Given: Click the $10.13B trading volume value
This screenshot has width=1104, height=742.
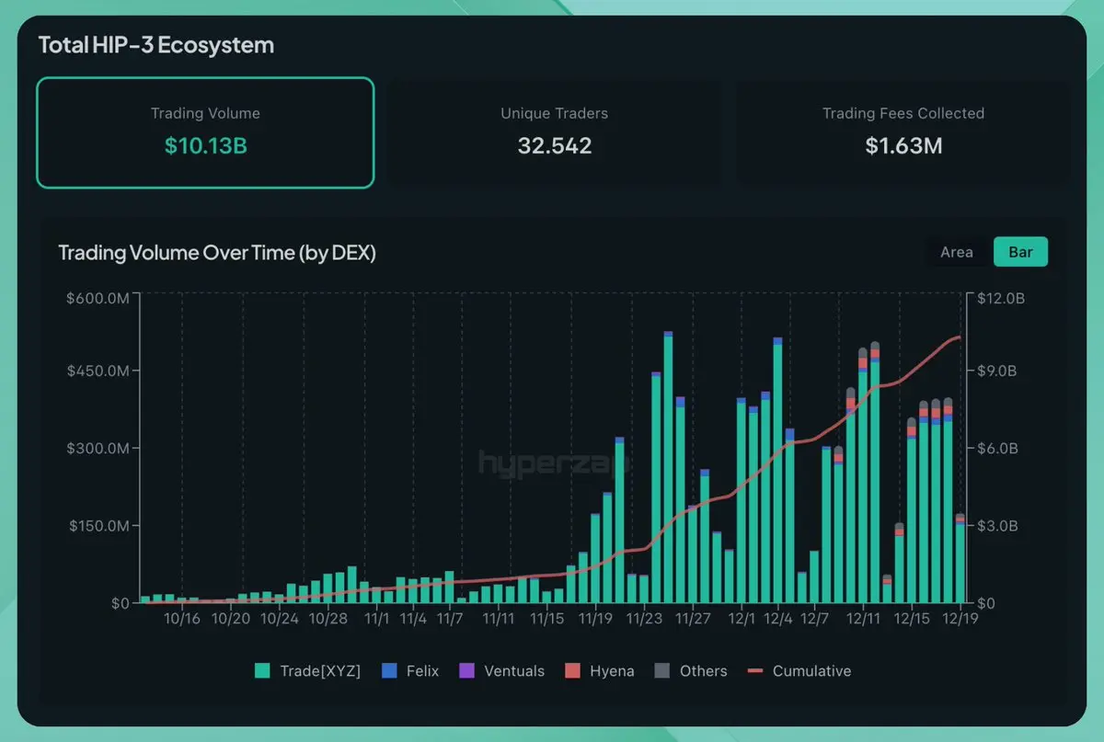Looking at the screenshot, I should [x=205, y=145].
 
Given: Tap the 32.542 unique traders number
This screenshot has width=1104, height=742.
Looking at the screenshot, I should [x=554, y=145].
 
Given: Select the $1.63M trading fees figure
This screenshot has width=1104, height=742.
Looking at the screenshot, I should [x=903, y=145].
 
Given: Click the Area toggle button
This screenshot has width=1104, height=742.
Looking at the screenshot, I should [x=956, y=252].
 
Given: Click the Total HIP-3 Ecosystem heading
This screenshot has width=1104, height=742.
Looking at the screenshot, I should [x=156, y=45].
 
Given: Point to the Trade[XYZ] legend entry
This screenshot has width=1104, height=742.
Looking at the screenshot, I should [x=308, y=671].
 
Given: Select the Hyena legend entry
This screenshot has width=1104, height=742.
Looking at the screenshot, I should [x=599, y=671].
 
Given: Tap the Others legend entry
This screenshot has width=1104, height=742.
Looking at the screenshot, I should [x=691, y=671].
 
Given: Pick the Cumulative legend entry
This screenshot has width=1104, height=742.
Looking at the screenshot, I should [x=799, y=671].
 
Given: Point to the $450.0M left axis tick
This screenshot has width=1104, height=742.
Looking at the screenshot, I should [x=98, y=371].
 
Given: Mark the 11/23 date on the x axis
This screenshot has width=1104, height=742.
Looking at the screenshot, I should [x=644, y=619].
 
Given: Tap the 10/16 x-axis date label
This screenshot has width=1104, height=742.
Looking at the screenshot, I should [x=182, y=619].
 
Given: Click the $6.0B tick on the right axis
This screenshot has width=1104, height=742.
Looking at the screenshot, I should [x=997, y=449].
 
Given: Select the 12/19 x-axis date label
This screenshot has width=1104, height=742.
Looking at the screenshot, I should [x=960, y=619].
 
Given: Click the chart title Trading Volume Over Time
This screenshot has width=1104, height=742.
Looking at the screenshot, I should [x=217, y=253].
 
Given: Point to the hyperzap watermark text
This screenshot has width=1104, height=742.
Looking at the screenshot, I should [x=552, y=462].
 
